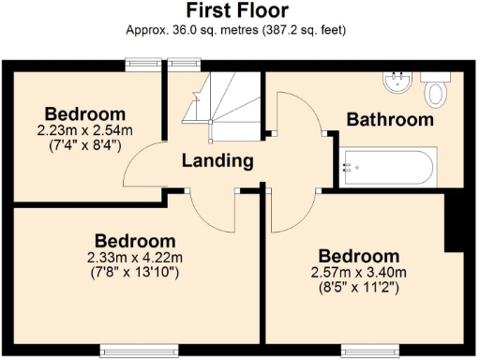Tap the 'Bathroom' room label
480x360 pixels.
[390, 120]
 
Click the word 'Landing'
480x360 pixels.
[217, 160]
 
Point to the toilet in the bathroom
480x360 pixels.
[434, 91]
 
